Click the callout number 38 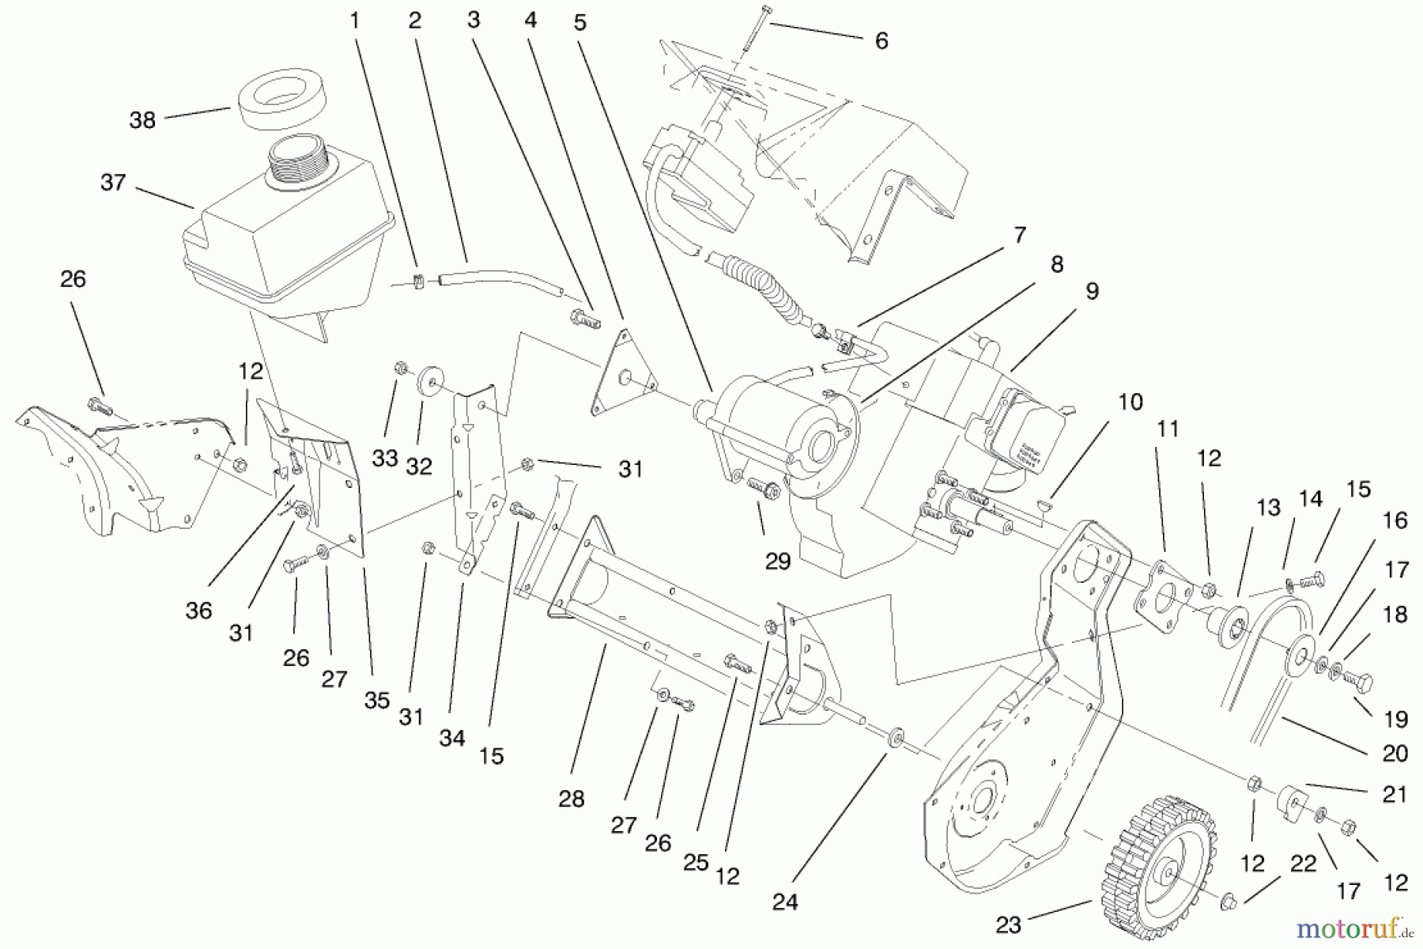[x=142, y=120]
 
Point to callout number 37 [x=113, y=183]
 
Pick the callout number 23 [x=1008, y=924]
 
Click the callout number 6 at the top [x=881, y=41]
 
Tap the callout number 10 [x=1130, y=402]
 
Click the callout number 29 [x=778, y=561]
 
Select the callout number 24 [x=785, y=901]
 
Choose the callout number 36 [x=199, y=610]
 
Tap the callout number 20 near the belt [x=1395, y=753]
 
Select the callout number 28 [x=571, y=799]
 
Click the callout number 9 [x=1092, y=291]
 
